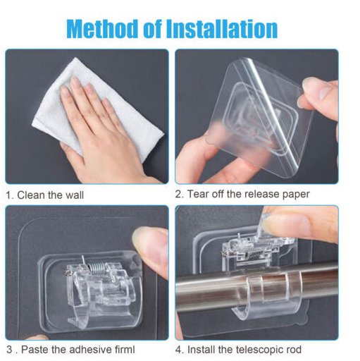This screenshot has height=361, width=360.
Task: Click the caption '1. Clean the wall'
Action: (44, 195)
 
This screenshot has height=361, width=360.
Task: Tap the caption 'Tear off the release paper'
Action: (249, 195)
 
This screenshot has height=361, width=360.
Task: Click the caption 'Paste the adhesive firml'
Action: (78, 350)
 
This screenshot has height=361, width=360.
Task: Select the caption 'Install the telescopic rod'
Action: (244, 350)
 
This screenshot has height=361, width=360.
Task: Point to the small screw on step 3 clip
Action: (68, 273)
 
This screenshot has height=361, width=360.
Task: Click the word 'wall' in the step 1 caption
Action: (75, 195)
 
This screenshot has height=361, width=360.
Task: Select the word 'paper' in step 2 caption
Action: (296, 195)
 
